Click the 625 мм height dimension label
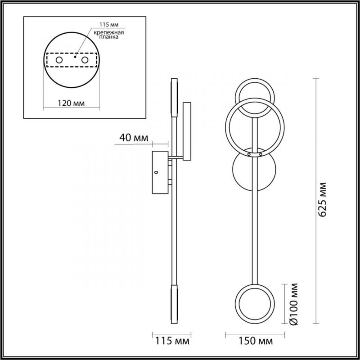323,199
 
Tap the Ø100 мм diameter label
294,304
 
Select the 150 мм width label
256,341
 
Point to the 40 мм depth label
134,138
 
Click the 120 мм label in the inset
71,103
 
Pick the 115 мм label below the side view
172,341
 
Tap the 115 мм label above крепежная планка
109,25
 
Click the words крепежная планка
109,35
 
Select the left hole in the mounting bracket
59,60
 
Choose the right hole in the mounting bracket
85,60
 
